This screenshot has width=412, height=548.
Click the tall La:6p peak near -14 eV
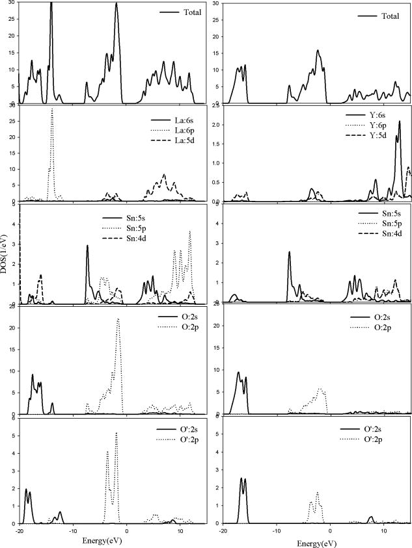[x=52, y=110]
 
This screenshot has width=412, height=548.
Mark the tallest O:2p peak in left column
[x=118, y=319]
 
